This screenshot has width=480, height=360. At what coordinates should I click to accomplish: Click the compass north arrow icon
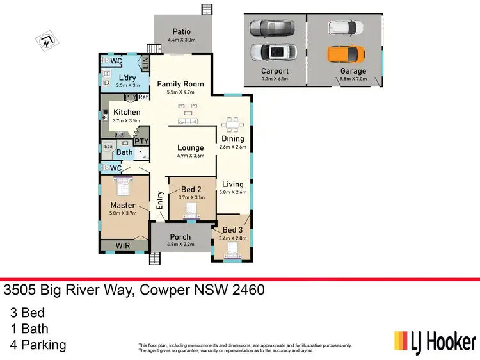coord(46,42)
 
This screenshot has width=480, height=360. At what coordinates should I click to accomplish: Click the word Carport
coord(275,71)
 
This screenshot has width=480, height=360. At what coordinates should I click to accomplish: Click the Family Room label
coord(180,84)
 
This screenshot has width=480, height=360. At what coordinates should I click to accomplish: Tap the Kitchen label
coord(127,112)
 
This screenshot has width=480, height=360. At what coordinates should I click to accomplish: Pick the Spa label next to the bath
coord(108,147)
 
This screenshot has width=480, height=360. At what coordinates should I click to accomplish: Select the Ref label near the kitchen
coord(143,97)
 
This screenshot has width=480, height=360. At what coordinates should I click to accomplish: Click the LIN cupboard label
coord(145,63)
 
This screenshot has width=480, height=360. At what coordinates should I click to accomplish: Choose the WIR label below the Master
coord(124,245)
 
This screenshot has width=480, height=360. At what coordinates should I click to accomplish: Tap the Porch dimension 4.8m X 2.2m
coord(180,245)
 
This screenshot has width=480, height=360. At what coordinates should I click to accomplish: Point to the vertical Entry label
coord(161,202)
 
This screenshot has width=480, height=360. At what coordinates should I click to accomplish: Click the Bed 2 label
coord(191,190)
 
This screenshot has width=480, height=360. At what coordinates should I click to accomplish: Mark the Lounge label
coord(191,147)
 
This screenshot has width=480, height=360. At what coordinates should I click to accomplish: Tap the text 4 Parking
coord(38,345)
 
